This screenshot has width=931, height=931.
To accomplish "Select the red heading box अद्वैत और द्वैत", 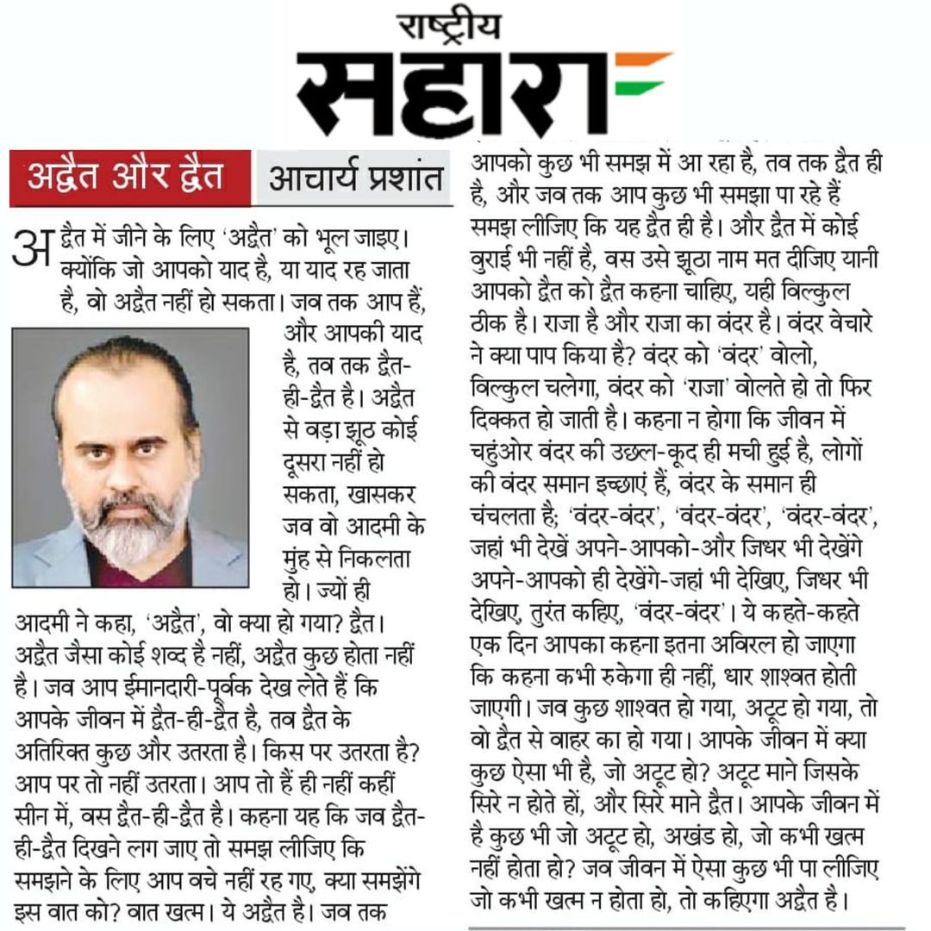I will [x=130, y=177].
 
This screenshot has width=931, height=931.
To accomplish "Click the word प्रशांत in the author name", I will [x=401, y=177].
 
